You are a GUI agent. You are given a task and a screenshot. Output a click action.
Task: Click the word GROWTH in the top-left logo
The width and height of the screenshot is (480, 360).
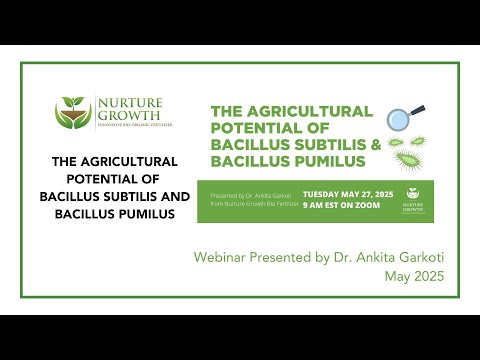pyautogui.click(x=127, y=117)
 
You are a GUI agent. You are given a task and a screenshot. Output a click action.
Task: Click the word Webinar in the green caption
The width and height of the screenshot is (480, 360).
pyautogui.click(x=220, y=258)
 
